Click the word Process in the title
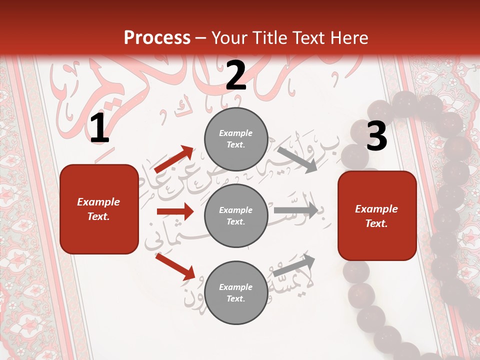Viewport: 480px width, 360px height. tap(157, 37)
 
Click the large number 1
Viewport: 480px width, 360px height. tap(99, 129)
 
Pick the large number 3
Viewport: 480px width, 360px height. tap(376, 136)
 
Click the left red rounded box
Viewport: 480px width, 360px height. tap(99, 209)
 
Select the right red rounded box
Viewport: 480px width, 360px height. tap(377, 215)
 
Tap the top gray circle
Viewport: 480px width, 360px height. tap(236, 139)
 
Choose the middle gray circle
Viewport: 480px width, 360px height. tap(236, 215)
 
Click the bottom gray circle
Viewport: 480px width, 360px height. tap(236, 292)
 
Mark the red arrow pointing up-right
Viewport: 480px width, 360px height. tap(174, 159)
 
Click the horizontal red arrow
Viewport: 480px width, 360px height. tap(175, 211)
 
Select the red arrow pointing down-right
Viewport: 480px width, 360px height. tap(175, 266)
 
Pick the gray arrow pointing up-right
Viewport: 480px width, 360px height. tap(294, 265)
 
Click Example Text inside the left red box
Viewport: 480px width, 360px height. tap(98, 209)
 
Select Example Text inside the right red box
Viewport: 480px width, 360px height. tap(376, 216)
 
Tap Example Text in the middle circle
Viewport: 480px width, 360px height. tap(235, 216)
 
